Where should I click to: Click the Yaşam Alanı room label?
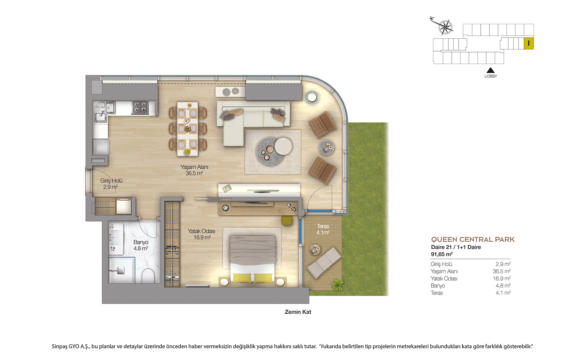[x=194, y=170]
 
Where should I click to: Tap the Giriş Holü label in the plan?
[x=111, y=184]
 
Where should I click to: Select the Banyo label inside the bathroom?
[x=141, y=245]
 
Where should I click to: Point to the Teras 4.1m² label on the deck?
[x=323, y=229]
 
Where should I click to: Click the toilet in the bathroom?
[x=148, y=275]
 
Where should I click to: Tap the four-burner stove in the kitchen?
[x=140, y=107]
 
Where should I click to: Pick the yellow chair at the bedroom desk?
[x=287, y=220]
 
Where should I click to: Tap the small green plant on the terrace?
[x=337, y=285]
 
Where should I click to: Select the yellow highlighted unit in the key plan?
[x=529, y=43]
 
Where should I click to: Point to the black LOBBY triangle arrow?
[x=490, y=70]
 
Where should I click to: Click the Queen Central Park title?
[x=473, y=239]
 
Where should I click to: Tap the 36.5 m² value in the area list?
[x=501, y=271]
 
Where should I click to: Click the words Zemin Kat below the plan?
[x=298, y=312]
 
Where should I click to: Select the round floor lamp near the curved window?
[x=312, y=98]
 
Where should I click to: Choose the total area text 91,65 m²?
[x=442, y=254]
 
